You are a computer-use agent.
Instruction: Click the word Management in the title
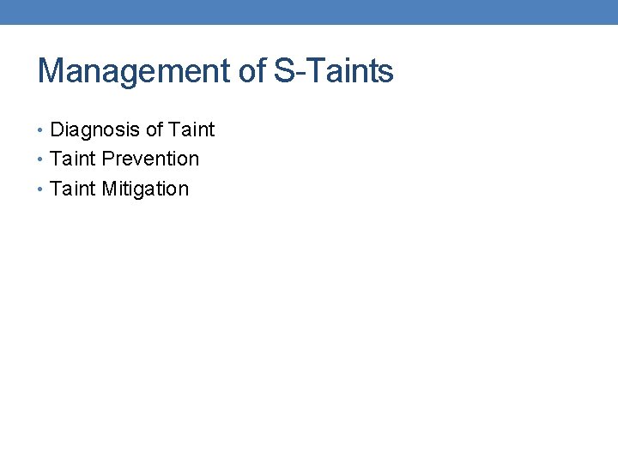tap(135, 71)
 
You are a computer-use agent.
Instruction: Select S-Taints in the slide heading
tap(334, 71)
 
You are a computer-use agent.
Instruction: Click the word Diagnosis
tap(94, 130)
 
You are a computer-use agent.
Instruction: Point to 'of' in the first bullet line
tap(154, 130)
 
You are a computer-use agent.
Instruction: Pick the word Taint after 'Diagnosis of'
tap(191, 130)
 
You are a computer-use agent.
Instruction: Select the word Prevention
tap(150, 159)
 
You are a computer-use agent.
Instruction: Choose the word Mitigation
tap(145, 189)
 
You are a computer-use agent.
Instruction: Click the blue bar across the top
tap(309, 12)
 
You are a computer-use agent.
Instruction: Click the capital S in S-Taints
tap(284, 71)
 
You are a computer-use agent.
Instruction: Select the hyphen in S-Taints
tap(297, 74)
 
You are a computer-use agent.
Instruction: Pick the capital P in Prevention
tap(108, 159)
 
